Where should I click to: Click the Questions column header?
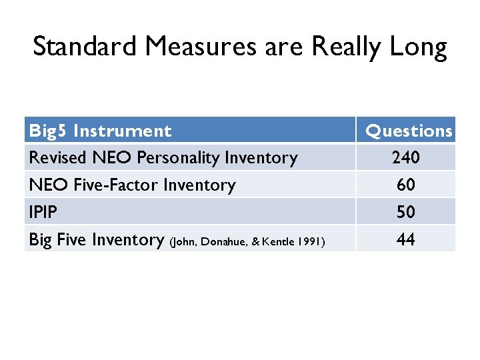coord(409,131)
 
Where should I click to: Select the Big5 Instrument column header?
coord(100,131)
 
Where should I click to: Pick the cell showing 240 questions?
coord(406,157)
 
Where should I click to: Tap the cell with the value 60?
coord(406,185)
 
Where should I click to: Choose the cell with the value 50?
coord(406,212)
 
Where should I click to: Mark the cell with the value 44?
coord(406,239)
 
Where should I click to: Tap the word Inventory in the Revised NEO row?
coord(261,158)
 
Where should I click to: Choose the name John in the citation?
coord(185,241)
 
